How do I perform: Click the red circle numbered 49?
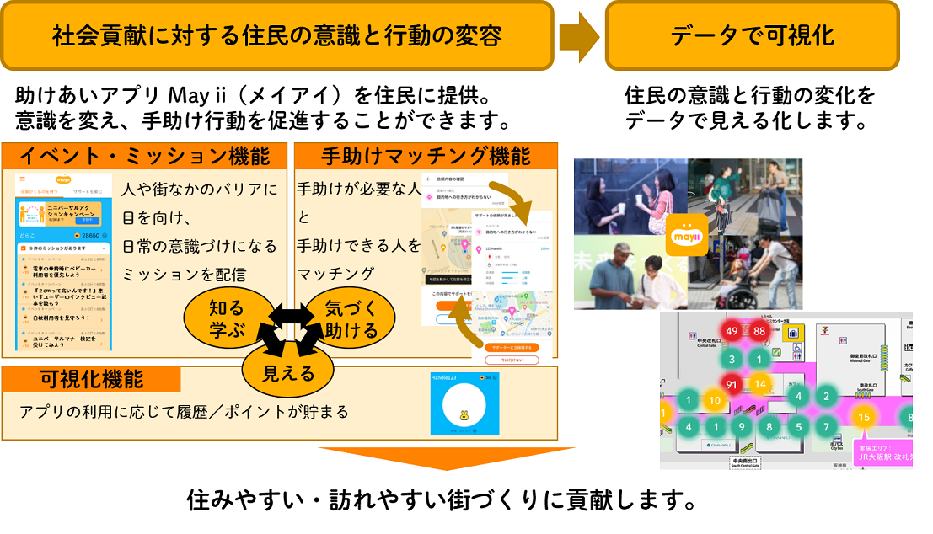point(732,331)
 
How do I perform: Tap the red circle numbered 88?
point(759,331)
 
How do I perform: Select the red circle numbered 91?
point(732,385)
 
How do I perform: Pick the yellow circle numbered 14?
point(760,385)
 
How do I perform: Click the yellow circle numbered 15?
point(864,416)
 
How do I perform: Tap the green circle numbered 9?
point(741,427)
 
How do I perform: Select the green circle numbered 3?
point(732,360)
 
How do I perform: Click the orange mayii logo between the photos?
point(687,235)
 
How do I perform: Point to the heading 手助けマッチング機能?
point(426,156)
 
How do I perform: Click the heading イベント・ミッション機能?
point(145,156)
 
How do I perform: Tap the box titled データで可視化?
point(752,35)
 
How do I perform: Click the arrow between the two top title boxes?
point(580,35)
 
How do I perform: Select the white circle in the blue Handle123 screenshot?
point(461,407)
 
